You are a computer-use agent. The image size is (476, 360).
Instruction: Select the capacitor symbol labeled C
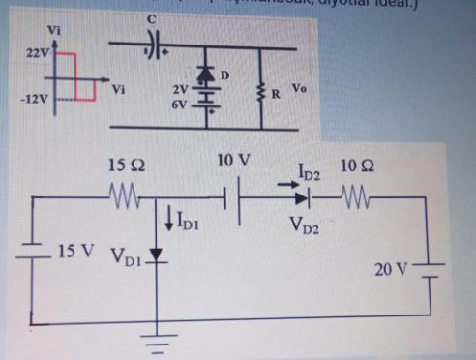pos(153,44)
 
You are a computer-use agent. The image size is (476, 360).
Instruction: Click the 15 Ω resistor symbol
pos(128,201)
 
